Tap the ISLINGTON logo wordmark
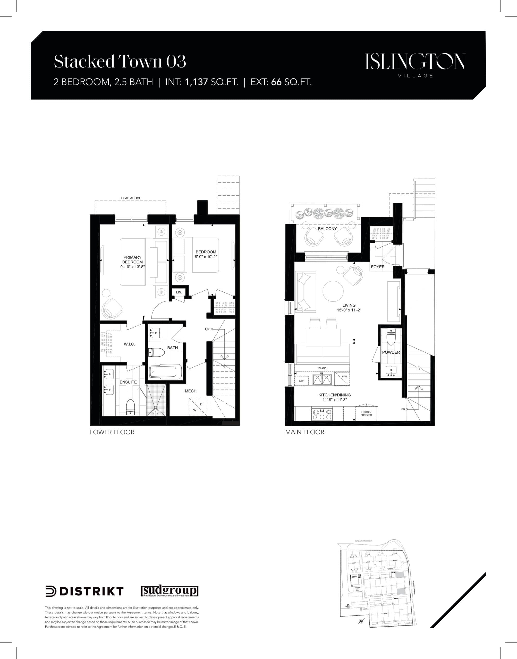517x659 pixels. [x=415, y=62]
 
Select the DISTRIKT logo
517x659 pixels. [x=84, y=591]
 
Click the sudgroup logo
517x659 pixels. [x=170, y=591]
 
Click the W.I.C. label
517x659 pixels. [x=129, y=344]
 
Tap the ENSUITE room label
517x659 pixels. [x=128, y=382]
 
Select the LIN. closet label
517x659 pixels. [x=179, y=292]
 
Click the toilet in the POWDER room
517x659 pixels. [x=391, y=337]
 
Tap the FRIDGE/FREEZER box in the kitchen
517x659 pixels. [x=366, y=413]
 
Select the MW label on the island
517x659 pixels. [x=301, y=381]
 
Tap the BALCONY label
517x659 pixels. [x=327, y=229]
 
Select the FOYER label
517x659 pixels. [x=378, y=267]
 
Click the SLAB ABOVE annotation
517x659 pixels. [x=131, y=198]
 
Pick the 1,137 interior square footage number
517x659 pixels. [x=196, y=82]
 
